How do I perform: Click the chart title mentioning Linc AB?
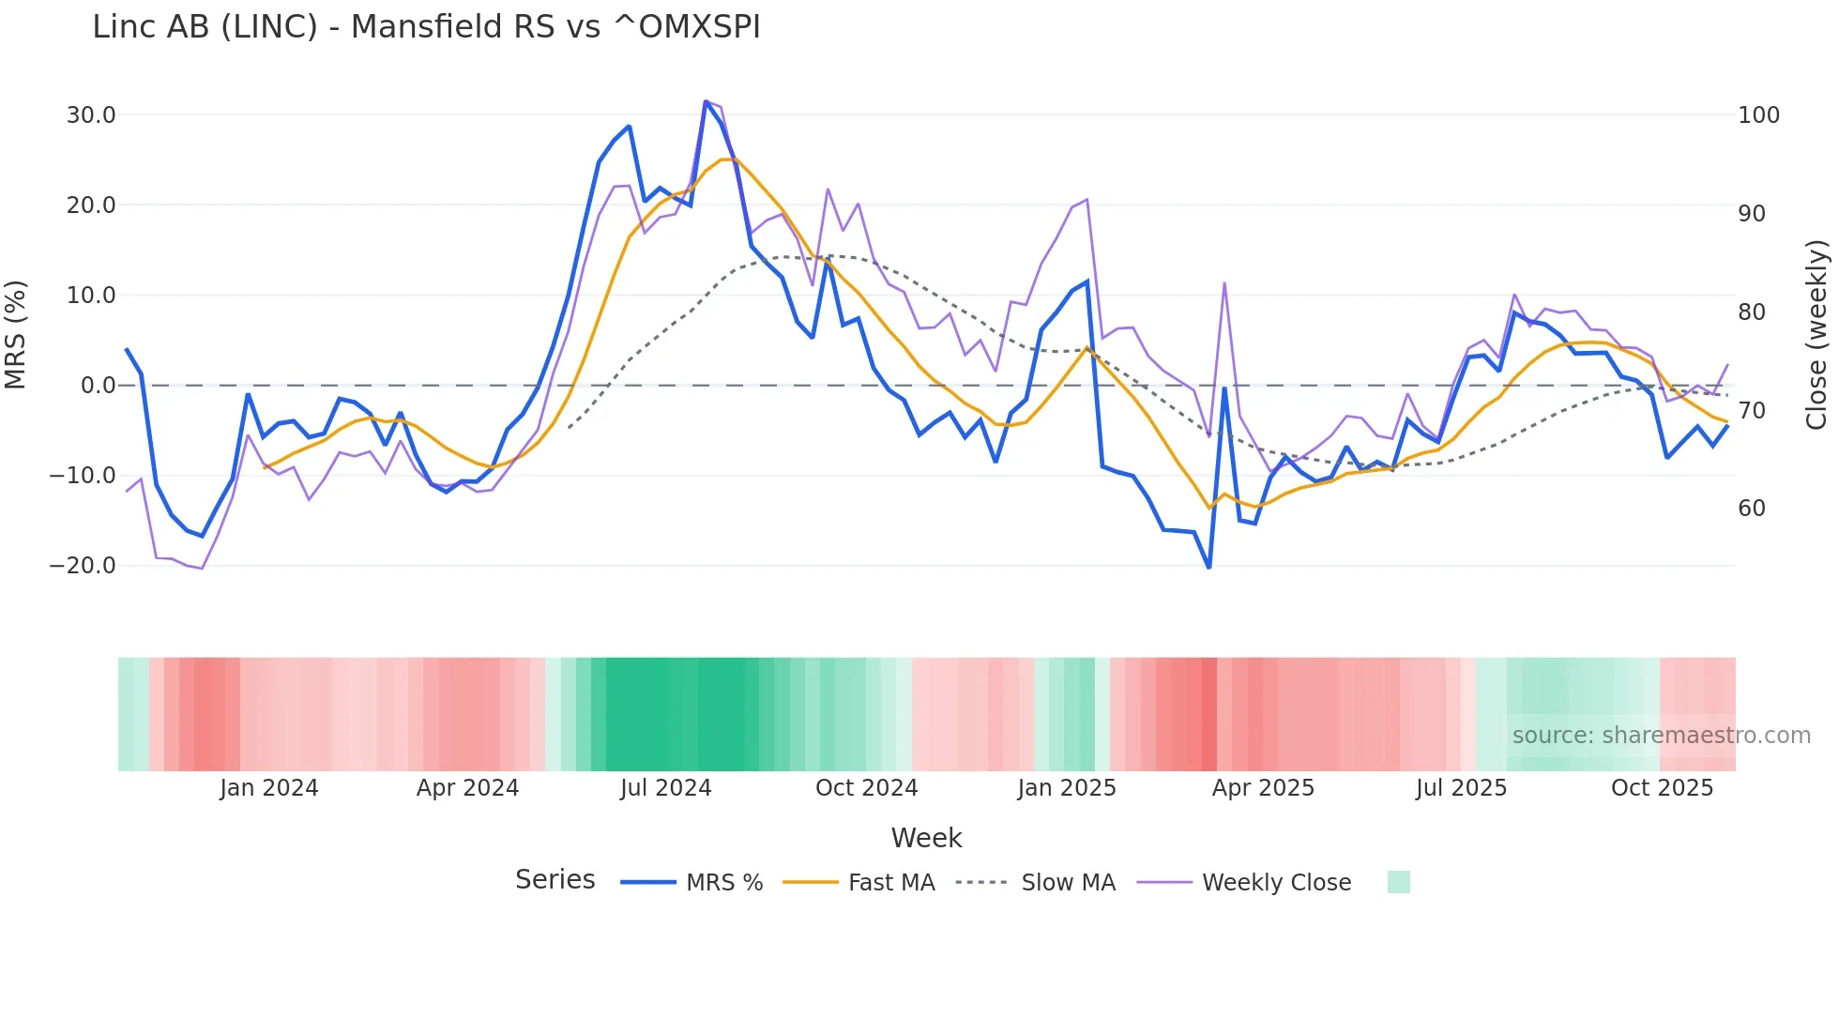coord(426,27)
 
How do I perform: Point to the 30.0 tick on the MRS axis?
coord(91,115)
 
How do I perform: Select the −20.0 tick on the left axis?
coord(83,566)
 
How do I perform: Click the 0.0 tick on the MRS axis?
coord(98,386)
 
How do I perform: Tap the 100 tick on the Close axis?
coord(1758,115)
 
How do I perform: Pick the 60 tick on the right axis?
coord(1751,509)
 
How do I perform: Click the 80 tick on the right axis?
coord(1751,312)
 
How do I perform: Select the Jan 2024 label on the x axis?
coord(269,788)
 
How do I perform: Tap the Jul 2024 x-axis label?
coord(665,788)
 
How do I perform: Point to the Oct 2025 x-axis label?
coord(1662,788)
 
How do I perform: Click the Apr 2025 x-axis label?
coord(1263,788)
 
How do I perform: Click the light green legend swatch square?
coord(1398,882)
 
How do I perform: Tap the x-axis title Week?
coord(926,838)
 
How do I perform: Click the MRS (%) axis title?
coord(16,335)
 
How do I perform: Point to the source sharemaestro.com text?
coord(1661,736)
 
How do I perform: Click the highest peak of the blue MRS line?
coord(706,102)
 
